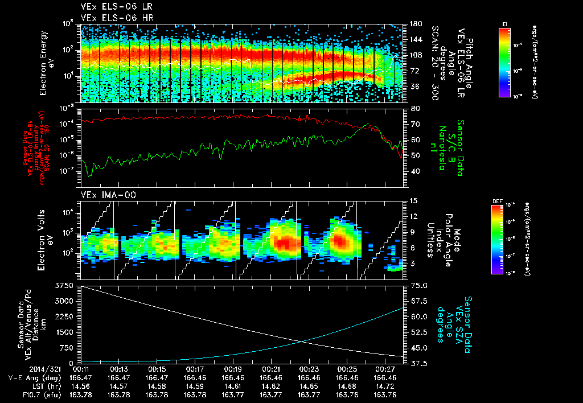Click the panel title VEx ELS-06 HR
pyautogui.click(x=112, y=18)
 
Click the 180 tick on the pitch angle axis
pyautogui.click(x=414, y=24)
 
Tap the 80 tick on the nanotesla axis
pyautogui.click(x=414, y=108)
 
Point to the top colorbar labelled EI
pyautogui.click(x=504, y=63)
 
